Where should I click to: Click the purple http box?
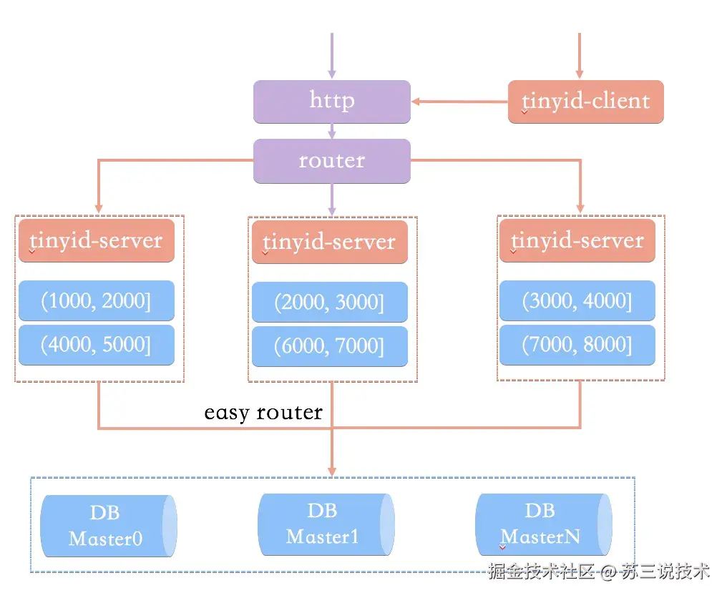tap(331, 101)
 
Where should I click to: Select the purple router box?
tap(331, 160)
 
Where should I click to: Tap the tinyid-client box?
tap(585, 101)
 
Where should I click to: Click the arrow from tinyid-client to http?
tap(459, 102)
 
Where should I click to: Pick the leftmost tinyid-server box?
tap(97, 240)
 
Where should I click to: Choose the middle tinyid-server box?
tap(329, 242)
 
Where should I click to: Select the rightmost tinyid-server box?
tap(577, 240)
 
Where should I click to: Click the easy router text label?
tap(263, 413)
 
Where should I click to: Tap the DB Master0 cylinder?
tap(107, 526)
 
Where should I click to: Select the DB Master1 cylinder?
tap(325, 524)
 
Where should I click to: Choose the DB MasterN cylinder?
tap(542, 524)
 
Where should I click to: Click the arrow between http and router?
tap(331, 131)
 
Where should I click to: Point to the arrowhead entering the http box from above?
tap(331, 74)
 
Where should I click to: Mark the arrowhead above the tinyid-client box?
tap(580, 74)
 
